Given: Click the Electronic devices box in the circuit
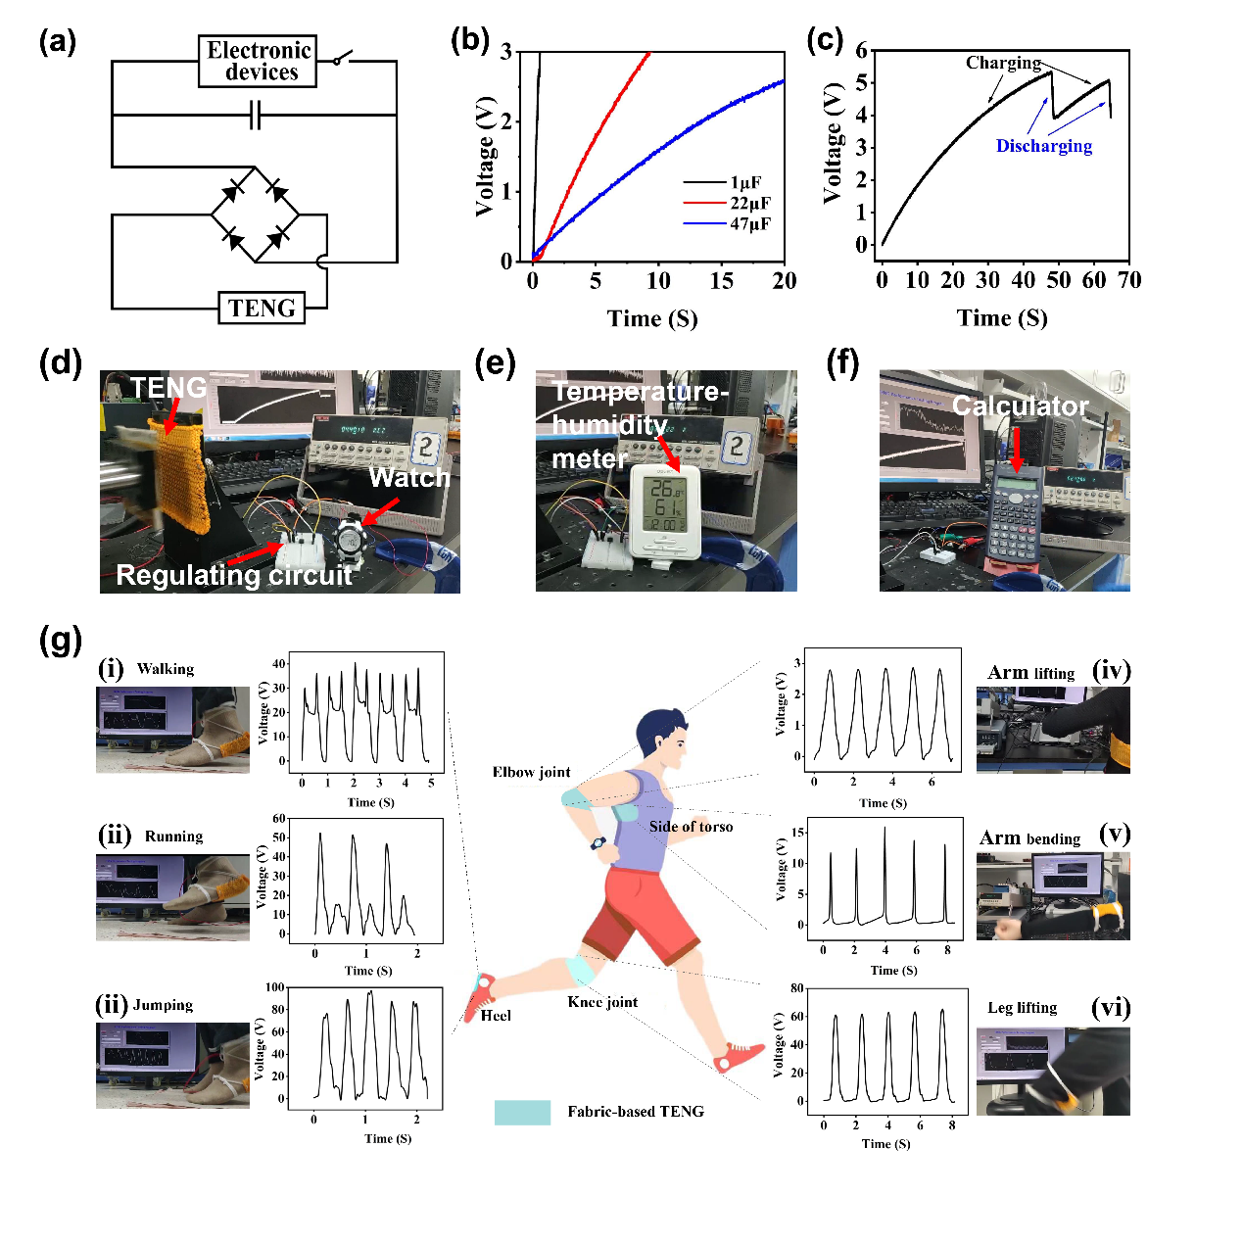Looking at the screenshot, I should coord(258,62).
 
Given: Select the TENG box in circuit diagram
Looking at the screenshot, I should coord(262,308).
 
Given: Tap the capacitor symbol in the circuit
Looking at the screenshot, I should coord(255,117).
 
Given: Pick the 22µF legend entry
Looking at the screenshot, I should coord(749,203).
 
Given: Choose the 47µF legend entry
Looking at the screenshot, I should coord(749,223).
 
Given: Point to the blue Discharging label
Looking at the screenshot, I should coord(1043,146).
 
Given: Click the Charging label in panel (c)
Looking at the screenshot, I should coord(1003,63).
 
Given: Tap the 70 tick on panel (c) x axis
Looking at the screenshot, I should coord(1129,280).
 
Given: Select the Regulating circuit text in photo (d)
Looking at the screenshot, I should coord(233,575).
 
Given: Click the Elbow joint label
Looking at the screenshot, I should coord(531,772).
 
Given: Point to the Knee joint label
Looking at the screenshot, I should coord(602,1002).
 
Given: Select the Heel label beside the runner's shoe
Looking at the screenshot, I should coord(496,1016).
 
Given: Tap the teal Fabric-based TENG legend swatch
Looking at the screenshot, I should coord(522,1112).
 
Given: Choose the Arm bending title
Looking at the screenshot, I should coord(1029,838).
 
